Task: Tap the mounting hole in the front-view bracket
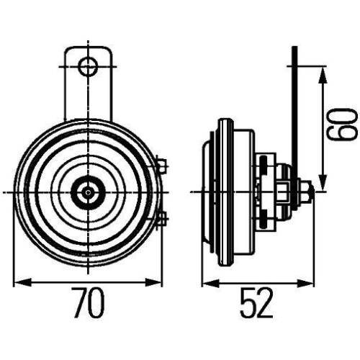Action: tap(88, 67)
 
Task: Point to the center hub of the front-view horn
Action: tap(88, 192)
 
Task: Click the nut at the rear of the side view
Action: tap(305, 192)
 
